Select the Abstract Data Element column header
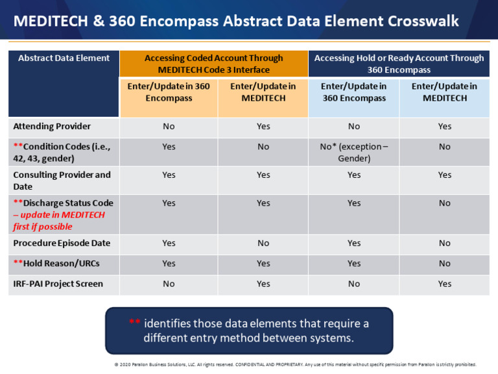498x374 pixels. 64,58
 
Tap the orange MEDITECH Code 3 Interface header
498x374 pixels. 213,64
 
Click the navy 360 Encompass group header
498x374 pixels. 399,64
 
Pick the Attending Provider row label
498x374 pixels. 52,126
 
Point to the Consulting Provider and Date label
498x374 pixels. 62,181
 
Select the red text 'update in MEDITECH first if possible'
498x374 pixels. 58,221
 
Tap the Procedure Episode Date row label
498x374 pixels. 62,243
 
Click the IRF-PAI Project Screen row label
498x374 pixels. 58,284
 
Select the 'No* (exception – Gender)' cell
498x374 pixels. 353,152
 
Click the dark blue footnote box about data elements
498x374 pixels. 249,330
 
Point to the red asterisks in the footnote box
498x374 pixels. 134,323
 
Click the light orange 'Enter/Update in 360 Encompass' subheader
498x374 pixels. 169,92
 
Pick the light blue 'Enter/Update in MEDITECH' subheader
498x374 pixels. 444,92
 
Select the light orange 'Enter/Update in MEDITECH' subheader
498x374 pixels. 263,92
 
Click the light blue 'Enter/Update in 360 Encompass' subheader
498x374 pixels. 354,92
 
